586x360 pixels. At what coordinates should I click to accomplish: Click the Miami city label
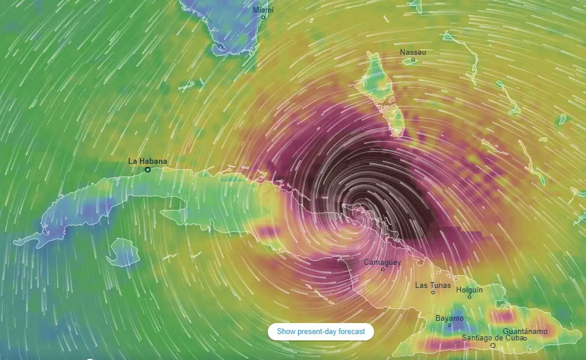point(263,10)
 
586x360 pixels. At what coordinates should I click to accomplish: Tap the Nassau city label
point(413,52)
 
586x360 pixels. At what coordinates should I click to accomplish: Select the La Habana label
point(147,162)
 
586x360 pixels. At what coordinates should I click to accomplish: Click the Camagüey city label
point(382,262)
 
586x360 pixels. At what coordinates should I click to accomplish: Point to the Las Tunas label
point(433,285)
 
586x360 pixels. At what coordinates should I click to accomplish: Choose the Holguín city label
point(469,290)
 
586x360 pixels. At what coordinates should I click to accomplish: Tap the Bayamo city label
point(449,318)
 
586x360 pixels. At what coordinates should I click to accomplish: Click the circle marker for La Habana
point(148,170)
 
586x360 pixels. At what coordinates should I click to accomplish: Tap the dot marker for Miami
point(263,17)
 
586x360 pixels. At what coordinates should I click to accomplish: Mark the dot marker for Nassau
point(413,59)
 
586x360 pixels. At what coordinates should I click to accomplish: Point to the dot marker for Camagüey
point(382,269)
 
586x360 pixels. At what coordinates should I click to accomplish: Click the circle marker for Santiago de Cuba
point(492,346)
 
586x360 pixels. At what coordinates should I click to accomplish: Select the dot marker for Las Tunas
point(433,292)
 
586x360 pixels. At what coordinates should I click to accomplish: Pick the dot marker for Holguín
point(469,297)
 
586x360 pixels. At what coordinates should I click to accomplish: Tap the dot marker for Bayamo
point(450,325)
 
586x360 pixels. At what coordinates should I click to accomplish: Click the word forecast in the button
point(350,331)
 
